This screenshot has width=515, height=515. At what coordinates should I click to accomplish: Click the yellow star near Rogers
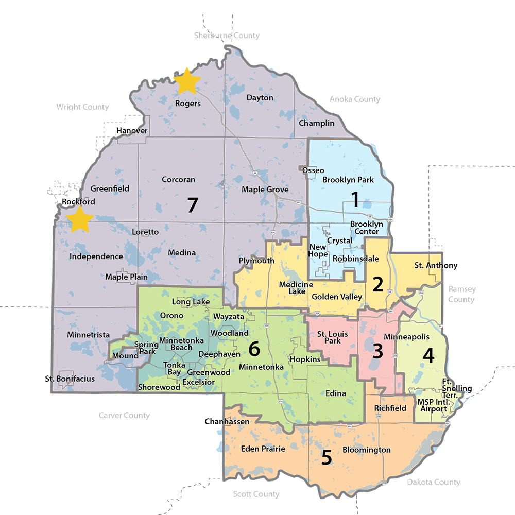pos(187,82)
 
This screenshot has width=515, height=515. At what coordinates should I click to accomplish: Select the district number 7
pos(192,205)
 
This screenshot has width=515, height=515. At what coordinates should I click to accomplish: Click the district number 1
pos(354,199)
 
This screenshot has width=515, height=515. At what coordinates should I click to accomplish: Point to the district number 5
pos(327,458)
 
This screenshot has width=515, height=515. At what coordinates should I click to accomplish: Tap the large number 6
pos(254,349)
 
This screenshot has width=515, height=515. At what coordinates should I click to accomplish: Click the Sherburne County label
pos(227,36)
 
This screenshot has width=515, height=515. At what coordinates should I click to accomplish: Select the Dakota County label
pos(433,482)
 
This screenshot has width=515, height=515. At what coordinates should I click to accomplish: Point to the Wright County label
pos(82,107)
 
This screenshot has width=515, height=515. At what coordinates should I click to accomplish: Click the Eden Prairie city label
pos(263,449)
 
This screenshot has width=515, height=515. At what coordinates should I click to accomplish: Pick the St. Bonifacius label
pos(70,379)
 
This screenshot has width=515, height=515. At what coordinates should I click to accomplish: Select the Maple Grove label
pos(265,190)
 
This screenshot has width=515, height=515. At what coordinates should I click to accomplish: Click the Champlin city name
pos(316,123)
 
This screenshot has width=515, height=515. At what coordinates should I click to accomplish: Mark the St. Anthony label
pos(436,265)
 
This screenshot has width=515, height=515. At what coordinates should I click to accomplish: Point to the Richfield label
pos(390,408)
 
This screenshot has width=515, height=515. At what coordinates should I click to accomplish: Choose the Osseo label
pos(313,170)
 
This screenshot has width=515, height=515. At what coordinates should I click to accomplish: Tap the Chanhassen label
pos(227,422)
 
